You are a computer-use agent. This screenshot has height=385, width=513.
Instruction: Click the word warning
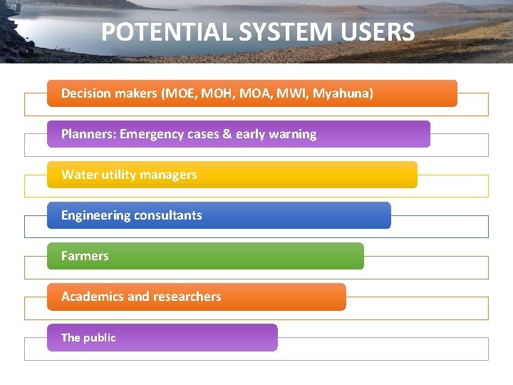pos(292,134)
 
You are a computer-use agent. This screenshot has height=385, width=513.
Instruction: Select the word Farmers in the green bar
pos(85,256)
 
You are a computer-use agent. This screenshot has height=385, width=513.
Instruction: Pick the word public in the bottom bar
pos(99,338)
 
